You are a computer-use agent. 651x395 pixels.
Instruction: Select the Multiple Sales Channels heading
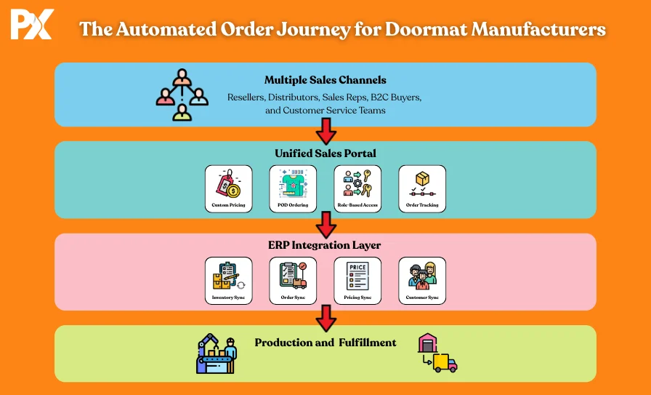click(x=325, y=80)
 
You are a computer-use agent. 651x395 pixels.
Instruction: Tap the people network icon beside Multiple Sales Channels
click(x=182, y=95)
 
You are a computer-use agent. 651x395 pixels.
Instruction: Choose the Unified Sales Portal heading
click(x=325, y=153)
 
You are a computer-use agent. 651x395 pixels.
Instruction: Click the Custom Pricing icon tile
click(x=228, y=188)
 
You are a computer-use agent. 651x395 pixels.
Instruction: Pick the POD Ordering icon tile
click(x=293, y=188)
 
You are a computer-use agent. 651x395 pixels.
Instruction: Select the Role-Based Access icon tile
click(x=357, y=188)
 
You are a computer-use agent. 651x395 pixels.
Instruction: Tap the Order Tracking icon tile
click(x=422, y=188)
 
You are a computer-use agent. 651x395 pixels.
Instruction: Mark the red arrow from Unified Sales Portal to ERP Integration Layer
click(x=326, y=224)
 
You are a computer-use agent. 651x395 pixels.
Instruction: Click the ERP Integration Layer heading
click(x=325, y=245)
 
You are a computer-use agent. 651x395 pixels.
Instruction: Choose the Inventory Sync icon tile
click(x=228, y=280)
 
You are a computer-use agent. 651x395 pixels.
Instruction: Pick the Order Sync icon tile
click(x=293, y=280)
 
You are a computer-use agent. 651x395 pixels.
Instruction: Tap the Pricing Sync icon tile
click(x=357, y=280)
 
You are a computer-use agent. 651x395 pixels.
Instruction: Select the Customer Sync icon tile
click(x=422, y=280)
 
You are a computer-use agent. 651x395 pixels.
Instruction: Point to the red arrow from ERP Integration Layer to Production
click(x=326, y=316)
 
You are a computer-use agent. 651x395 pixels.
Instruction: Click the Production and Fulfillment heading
click(x=325, y=342)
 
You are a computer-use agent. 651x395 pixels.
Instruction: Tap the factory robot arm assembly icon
click(x=217, y=354)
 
